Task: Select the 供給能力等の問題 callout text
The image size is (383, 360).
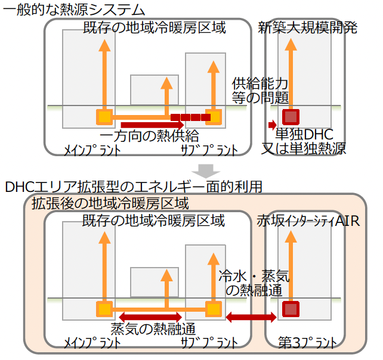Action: click(260, 90)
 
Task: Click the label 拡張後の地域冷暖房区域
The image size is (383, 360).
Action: click(110, 203)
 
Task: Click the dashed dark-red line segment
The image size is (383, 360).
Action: click(190, 117)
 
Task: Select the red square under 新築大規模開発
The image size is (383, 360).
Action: click(291, 117)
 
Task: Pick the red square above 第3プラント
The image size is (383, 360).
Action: click(291, 309)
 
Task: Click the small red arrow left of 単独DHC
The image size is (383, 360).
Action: click(272, 125)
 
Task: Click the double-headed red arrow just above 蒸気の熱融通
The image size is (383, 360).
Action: click(150, 316)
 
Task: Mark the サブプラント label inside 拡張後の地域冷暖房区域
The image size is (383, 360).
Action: click(208, 342)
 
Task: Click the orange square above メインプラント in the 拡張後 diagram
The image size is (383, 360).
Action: click(104, 309)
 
